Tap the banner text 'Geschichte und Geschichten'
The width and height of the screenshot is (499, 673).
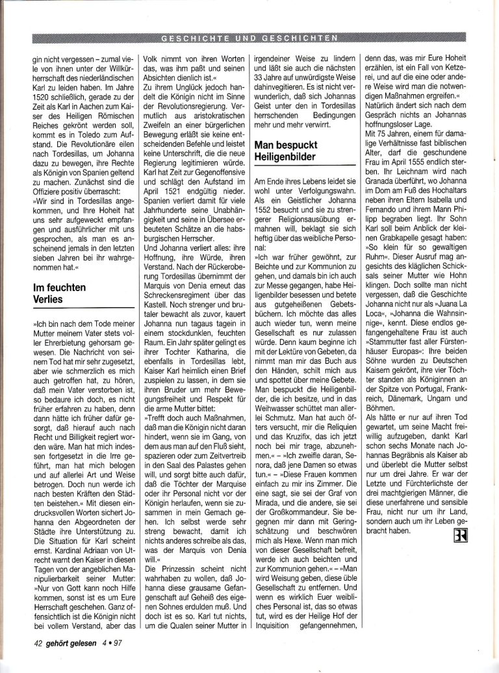pos(249,34)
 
